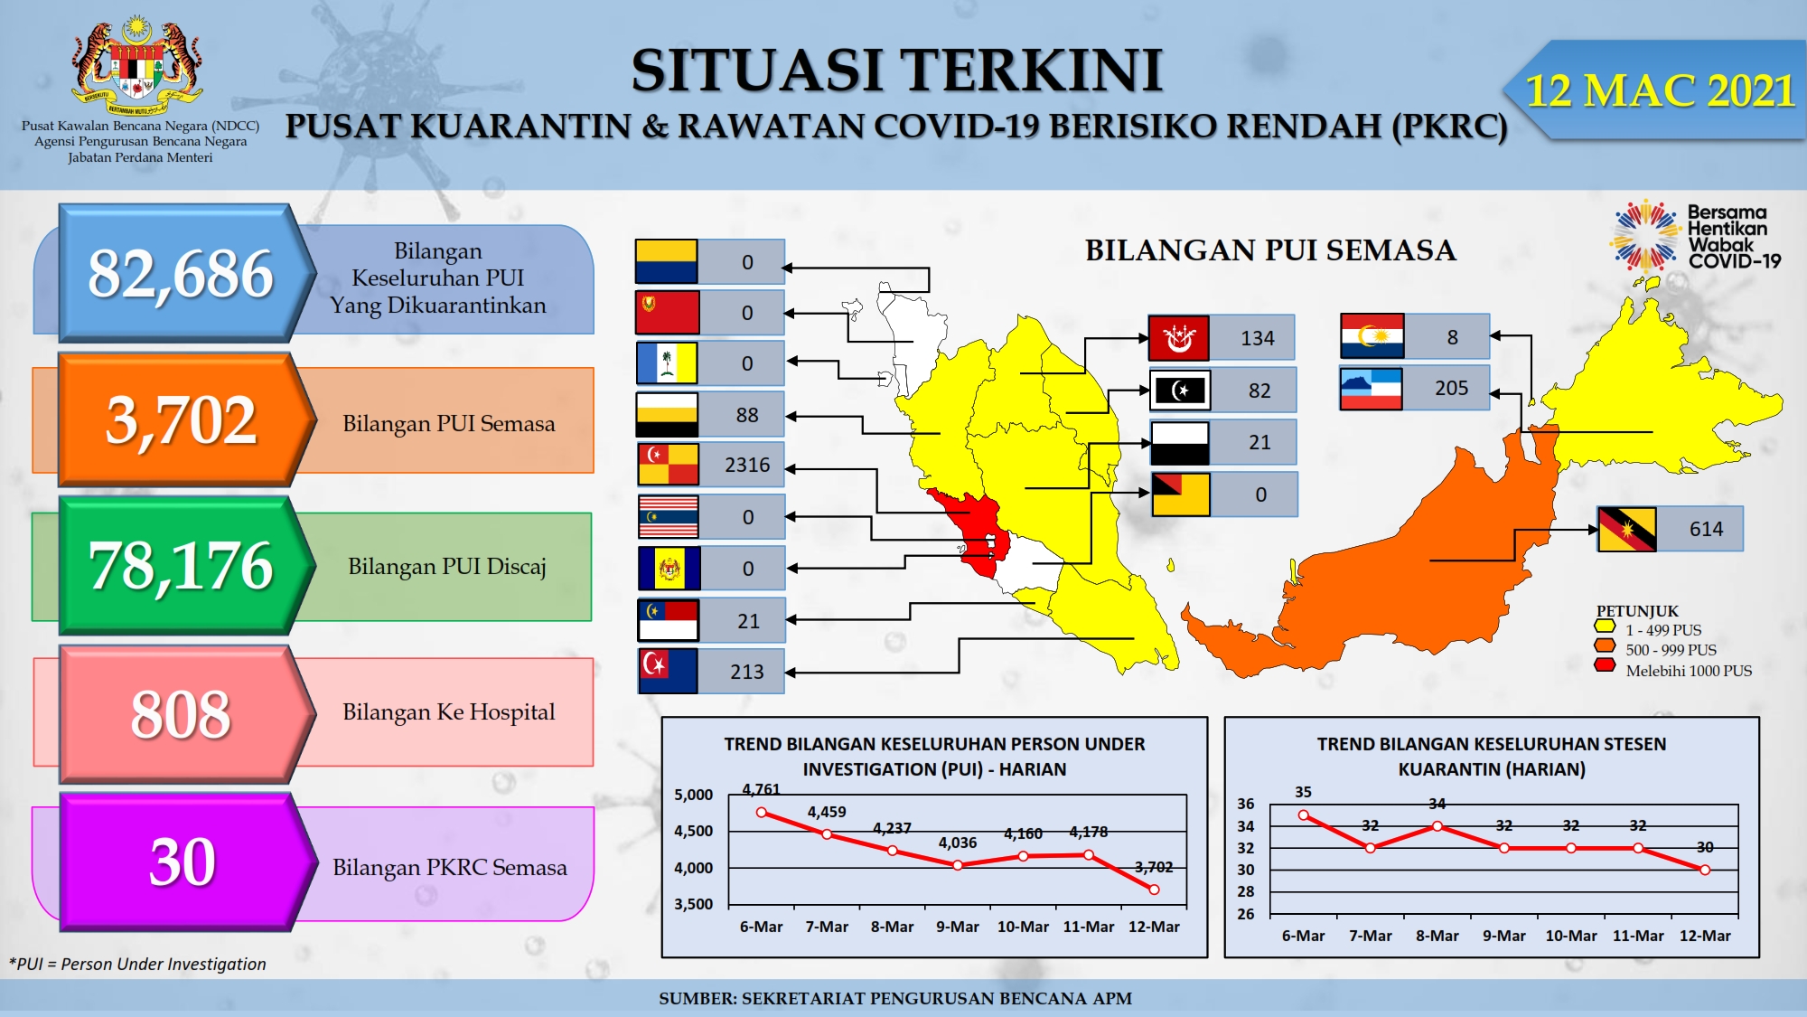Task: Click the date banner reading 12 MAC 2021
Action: pos(1659,90)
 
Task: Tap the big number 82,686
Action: pos(181,273)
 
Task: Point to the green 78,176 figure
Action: pos(181,566)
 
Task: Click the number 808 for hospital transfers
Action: pos(181,714)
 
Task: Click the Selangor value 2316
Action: pos(747,465)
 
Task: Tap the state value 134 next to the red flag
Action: pos(1258,338)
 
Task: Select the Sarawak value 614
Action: pos(1706,529)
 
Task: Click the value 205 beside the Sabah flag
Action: pos(1451,388)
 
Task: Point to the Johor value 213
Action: pos(747,672)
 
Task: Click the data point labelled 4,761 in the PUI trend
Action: pos(762,813)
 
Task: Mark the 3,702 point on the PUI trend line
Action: pos(1154,890)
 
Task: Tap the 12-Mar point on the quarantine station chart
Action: pos(1705,870)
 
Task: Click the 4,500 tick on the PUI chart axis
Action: pos(694,831)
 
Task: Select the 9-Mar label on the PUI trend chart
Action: pos(958,927)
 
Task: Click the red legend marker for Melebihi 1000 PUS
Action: pos(1606,666)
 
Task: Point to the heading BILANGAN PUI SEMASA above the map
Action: pos(1270,250)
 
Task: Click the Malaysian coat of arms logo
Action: pos(137,65)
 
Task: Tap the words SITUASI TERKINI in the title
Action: pos(896,71)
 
